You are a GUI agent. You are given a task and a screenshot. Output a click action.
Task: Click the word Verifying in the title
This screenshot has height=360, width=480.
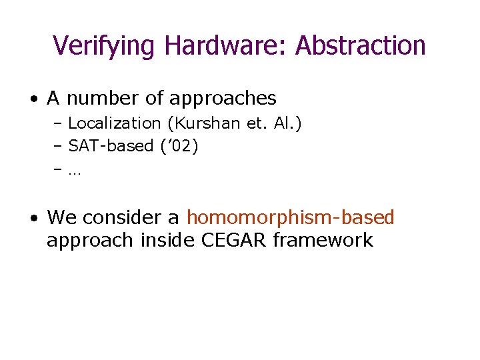pos(105,45)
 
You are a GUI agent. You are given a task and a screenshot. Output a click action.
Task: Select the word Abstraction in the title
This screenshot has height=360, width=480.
pos(361,45)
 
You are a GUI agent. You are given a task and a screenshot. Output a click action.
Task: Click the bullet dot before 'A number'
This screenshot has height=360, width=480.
pos(33,99)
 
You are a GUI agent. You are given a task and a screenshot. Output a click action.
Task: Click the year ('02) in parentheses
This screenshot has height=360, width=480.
pos(179,146)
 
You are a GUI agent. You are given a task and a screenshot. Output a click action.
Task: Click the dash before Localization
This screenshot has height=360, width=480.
pos(59,123)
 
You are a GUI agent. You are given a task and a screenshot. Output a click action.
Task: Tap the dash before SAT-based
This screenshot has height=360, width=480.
pos(59,146)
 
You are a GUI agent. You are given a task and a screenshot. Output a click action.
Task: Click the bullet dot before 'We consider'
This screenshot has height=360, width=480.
pos(33,218)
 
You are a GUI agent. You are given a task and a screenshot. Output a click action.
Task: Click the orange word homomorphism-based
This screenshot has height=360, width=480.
pos(291,217)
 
